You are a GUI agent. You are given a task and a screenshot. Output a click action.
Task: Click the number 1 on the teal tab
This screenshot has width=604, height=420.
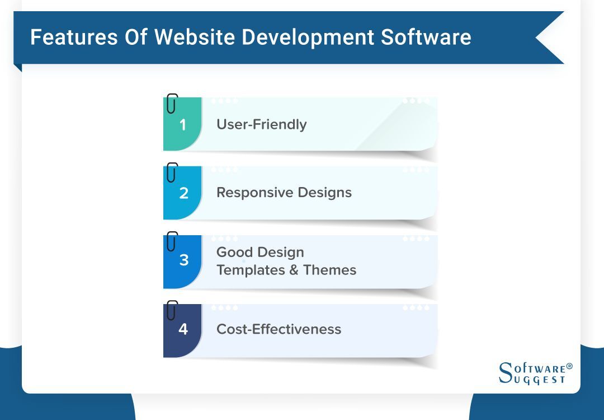(182, 124)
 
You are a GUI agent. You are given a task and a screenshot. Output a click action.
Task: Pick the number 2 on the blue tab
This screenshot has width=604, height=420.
(183, 193)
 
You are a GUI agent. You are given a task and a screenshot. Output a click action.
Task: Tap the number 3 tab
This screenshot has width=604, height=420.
(183, 260)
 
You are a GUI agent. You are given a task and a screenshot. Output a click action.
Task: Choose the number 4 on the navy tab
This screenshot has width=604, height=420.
(183, 329)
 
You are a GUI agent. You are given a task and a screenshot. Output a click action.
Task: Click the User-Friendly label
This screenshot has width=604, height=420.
(261, 124)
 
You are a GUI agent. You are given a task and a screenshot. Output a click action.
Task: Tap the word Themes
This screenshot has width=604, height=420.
(330, 270)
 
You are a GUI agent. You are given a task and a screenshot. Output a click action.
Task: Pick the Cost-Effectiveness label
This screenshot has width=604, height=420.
(279, 329)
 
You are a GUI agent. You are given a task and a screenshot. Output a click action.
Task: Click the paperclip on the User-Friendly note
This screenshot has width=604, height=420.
(172, 103)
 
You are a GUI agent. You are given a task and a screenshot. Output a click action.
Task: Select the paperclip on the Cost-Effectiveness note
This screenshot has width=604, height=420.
(172, 310)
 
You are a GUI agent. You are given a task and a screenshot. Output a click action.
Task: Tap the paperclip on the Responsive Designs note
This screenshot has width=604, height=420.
(172, 172)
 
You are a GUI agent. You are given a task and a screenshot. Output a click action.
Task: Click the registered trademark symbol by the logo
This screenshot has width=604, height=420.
(569, 366)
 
